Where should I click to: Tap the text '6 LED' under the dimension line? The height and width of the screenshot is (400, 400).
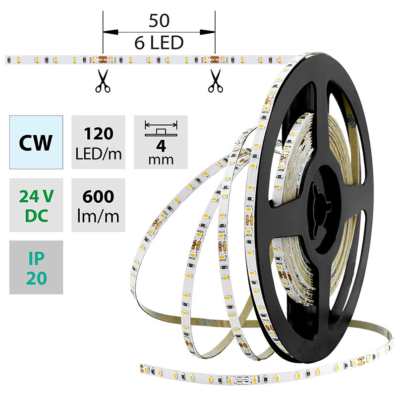159,44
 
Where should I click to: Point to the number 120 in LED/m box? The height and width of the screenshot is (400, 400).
97,134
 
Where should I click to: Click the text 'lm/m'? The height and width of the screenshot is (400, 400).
97,215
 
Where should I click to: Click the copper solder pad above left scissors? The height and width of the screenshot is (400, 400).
103,60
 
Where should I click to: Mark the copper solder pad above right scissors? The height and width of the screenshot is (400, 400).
215,60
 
